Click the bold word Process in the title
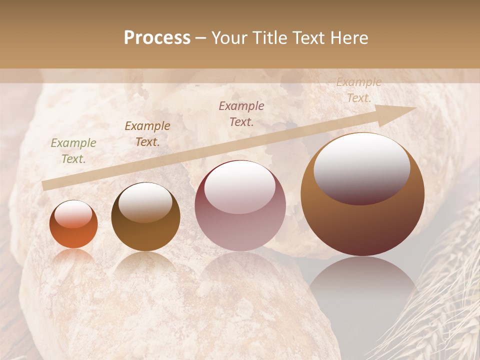coord(157,38)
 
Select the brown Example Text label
coord(147,134)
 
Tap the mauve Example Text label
coord(241,113)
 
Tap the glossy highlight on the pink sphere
coord(240,186)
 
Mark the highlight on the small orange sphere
coord(73,214)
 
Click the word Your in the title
coord(230,38)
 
